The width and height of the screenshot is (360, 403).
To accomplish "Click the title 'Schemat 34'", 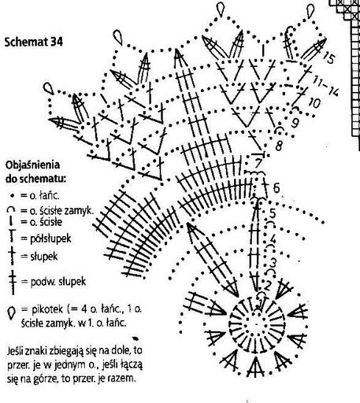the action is click(x=34, y=42).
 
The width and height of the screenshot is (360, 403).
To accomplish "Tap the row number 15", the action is click(x=328, y=57).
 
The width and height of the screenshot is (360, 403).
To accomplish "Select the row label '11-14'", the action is click(x=325, y=87).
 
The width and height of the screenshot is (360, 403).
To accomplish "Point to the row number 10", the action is click(x=314, y=103).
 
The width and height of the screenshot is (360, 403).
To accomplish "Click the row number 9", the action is click(x=295, y=122).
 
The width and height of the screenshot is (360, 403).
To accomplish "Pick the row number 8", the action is click(x=279, y=146).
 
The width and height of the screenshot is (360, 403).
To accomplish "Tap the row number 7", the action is click(x=258, y=163).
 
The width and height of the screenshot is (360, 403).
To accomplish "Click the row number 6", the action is click(x=276, y=188).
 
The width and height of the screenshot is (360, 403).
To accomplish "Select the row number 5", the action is click(x=273, y=213).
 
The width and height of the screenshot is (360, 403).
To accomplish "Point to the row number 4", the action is click(x=273, y=239).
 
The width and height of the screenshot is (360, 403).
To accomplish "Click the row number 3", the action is click(x=273, y=262).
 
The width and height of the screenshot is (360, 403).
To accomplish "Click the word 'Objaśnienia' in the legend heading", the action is click(x=32, y=165).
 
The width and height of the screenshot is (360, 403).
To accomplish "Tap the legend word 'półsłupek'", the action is click(x=50, y=238).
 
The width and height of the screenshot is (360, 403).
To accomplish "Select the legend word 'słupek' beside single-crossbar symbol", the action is click(x=44, y=257).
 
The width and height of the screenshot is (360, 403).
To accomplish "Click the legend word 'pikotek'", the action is click(x=47, y=309).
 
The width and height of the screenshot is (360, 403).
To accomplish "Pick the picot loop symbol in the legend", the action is click(x=11, y=312).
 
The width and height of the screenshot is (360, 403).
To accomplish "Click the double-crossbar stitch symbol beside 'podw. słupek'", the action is click(x=12, y=282).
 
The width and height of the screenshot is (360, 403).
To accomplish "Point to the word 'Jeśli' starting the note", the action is click(x=16, y=351).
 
